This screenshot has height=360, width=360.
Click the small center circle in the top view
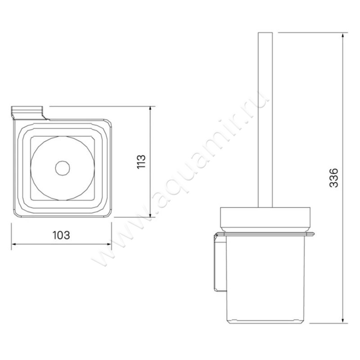[63, 169]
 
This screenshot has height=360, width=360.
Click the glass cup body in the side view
[265, 279]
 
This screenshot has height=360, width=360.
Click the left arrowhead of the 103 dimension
[13, 244]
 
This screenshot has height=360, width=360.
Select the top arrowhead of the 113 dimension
[150, 108]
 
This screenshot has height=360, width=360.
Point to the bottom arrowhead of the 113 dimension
[150, 216]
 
